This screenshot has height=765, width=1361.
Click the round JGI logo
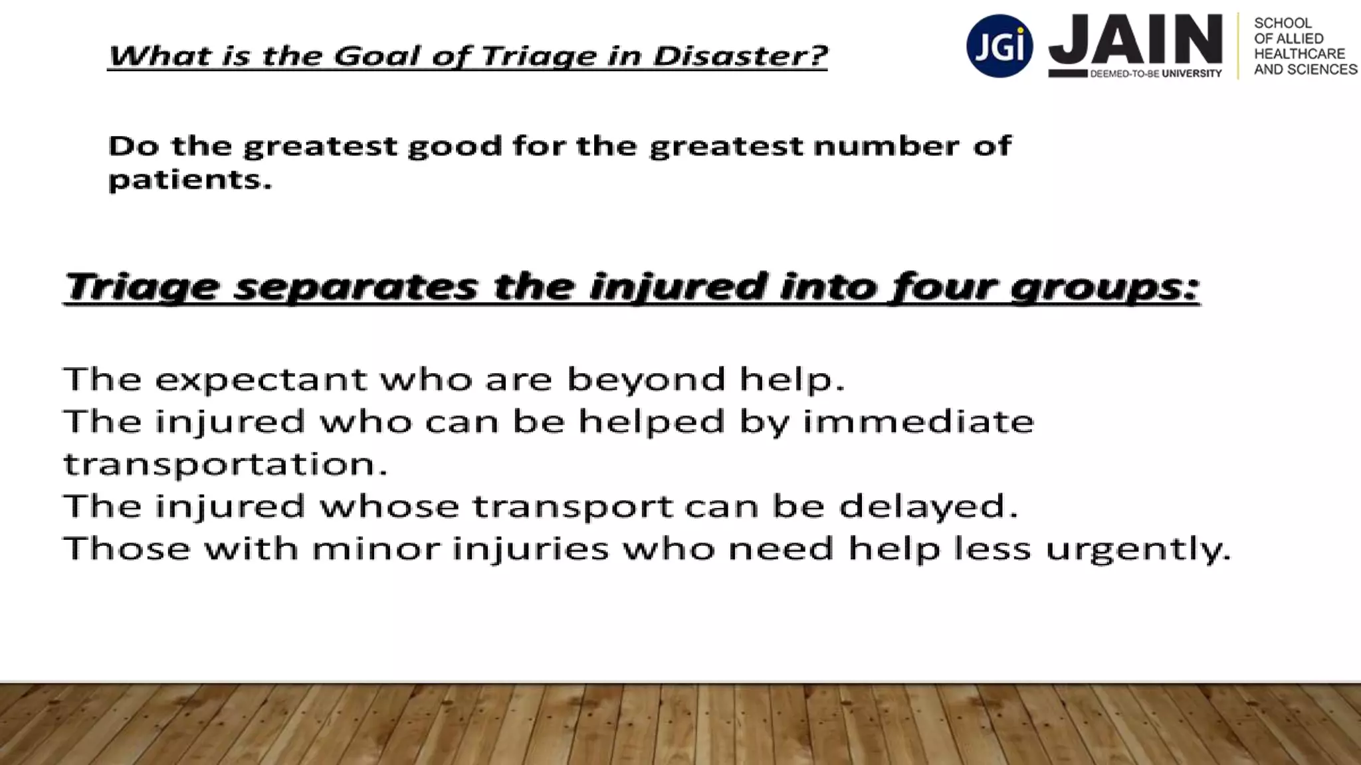click(999, 46)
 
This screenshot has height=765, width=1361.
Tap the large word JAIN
click(1136, 40)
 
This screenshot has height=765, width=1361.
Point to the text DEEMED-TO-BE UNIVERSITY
click(1156, 74)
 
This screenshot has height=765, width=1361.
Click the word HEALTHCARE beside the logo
click(1299, 54)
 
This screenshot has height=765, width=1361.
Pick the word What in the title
click(160, 56)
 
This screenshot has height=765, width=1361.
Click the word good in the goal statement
click(455, 147)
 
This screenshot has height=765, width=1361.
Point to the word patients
click(190, 180)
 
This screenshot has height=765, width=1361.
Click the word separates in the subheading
click(356, 287)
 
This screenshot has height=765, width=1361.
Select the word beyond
click(645, 380)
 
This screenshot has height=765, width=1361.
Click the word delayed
click(928, 507)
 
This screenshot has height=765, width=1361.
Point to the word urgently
click(1138, 550)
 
